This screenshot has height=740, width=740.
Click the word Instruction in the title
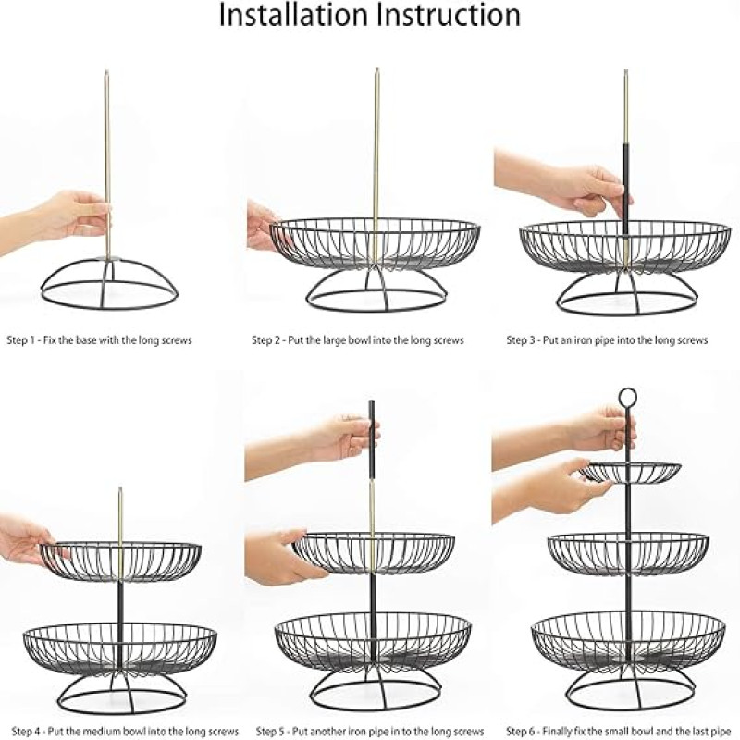click(x=450, y=16)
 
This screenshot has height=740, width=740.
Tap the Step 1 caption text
click(x=99, y=340)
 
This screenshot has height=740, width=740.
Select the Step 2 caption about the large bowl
click(x=358, y=340)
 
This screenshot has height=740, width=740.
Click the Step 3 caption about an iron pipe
click(x=607, y=340)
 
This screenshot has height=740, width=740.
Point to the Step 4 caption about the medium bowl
click(x=121, y=731)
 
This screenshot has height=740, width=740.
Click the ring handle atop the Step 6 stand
click(x=628, y=398)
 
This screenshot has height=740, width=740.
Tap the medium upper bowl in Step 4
click(x=120, y=561)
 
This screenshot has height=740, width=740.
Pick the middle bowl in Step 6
click(x=628, y=553)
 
